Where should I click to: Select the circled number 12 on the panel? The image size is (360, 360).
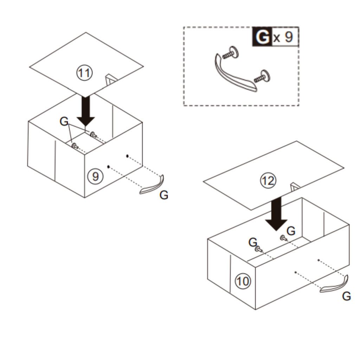pos(268,181)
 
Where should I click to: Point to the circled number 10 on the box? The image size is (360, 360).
pos(243,281)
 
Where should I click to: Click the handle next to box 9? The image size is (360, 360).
pos(152,185)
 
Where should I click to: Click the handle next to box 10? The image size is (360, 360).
pos(334,285)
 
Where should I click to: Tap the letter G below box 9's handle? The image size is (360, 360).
pos(164,196)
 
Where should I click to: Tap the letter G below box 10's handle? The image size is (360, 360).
pos(346,296)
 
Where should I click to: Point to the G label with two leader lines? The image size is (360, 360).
pos(64,122)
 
